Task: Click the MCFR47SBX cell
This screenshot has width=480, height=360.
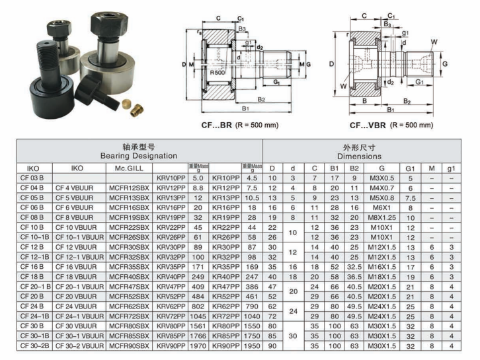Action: (129, 286)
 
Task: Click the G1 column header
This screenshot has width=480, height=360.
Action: (411, 168)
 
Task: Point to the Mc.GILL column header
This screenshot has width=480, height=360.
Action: (129, 168)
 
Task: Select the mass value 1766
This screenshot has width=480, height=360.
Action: (198, 335)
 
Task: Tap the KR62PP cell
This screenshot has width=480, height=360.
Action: (226, 306)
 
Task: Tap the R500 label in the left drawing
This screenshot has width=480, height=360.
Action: (218, 72)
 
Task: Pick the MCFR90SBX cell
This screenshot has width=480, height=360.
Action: (129, 345)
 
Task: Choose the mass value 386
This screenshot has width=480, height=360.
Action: (251, 286)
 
